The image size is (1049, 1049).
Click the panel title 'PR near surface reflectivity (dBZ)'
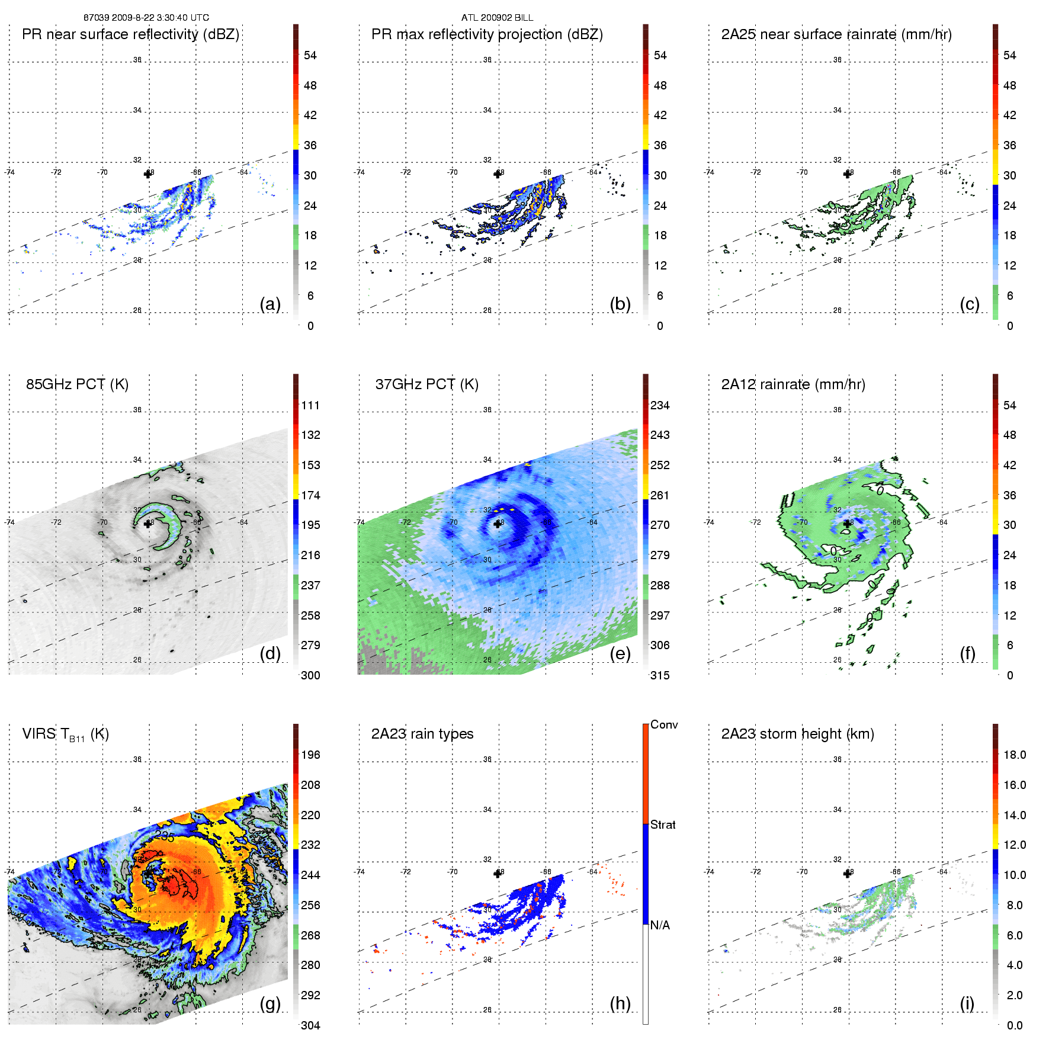coord(130,34)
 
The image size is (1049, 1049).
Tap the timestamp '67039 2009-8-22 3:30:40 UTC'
coord(146,18)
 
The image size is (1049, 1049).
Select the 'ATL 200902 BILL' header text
coord(497,18)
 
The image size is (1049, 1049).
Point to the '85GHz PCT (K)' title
coord(77,384)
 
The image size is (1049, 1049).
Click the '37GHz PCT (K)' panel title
coord(426,384)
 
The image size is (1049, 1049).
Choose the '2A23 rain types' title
coord(422,734)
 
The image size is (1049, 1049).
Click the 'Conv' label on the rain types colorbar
coord(663,724)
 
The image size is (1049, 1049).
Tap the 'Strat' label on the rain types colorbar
coord(663,825)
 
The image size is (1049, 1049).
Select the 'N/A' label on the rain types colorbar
coord(660,925)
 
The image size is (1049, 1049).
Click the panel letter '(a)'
coord(270,304)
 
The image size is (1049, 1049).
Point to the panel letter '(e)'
coord(620,653)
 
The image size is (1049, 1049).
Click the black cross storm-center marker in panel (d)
coord(147,524)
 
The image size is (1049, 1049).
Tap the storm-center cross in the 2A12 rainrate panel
coord(847,524)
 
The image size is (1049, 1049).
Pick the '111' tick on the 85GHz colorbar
coord(310,405)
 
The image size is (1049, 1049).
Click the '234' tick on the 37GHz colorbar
coord(660,405)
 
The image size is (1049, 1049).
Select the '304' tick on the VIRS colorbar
coord(310,1025)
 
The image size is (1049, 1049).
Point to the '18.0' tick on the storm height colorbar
coord(1014,755)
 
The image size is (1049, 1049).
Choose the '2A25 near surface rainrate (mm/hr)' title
coord(836,34)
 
